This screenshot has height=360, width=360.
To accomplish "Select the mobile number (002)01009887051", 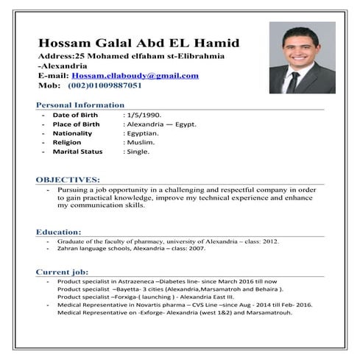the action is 105,85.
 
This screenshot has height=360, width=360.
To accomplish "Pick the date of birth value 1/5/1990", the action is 141,116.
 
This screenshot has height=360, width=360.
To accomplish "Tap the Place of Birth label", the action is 76,124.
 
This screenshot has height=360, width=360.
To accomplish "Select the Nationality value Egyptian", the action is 141,133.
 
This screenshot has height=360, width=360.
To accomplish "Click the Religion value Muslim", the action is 138,142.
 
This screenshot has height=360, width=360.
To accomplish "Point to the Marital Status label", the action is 77,152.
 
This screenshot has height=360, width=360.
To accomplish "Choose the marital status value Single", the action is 138,152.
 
